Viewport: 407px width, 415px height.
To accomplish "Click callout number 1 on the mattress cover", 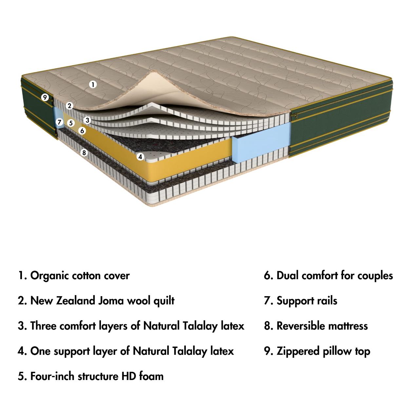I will tap(93, 84).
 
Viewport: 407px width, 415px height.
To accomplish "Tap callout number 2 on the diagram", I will tap(69, 106).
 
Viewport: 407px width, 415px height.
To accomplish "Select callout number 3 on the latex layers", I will tap(87, 120).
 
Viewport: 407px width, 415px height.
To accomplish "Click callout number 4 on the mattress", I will tap(140, 157).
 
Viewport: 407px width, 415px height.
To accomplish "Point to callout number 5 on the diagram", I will tap(71, 123).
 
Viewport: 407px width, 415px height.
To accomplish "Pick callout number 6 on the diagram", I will tap(82, 131).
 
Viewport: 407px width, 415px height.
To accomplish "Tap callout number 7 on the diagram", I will tap(59, 122).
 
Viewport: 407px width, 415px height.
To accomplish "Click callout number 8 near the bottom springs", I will tap(84, 153).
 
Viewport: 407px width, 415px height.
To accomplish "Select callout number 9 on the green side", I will tap(45, 97).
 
